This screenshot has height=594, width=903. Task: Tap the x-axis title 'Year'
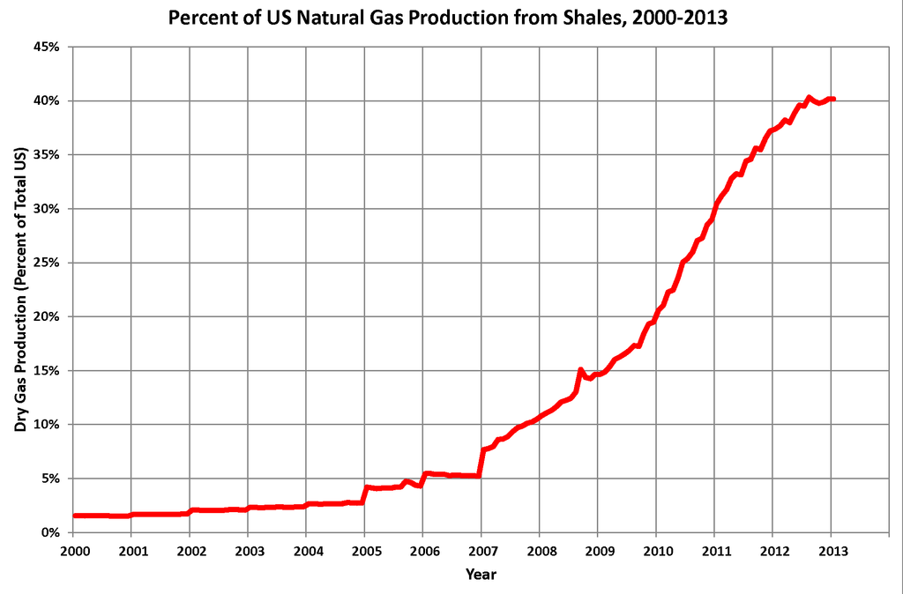click(481, 575)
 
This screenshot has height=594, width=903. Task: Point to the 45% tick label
click(44, 47)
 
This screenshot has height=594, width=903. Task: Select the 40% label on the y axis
click(44, 100)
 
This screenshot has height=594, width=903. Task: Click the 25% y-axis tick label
click(44, 263)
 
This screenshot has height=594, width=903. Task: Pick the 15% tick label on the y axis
click(44, 370)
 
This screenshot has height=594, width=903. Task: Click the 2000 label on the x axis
click(72, 551)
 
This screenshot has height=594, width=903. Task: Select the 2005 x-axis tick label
click(364, 551)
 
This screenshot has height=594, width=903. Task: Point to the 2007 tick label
click(481, 551)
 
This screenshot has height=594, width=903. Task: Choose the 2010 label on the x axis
click(656, 551)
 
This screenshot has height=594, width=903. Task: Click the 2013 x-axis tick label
click(832, 551)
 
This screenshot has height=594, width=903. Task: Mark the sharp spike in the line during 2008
click(580, 370)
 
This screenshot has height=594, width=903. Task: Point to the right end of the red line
click(833, 99)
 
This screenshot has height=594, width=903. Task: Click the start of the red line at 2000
click(75, 516)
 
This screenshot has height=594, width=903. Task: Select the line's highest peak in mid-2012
click(809, 98)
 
